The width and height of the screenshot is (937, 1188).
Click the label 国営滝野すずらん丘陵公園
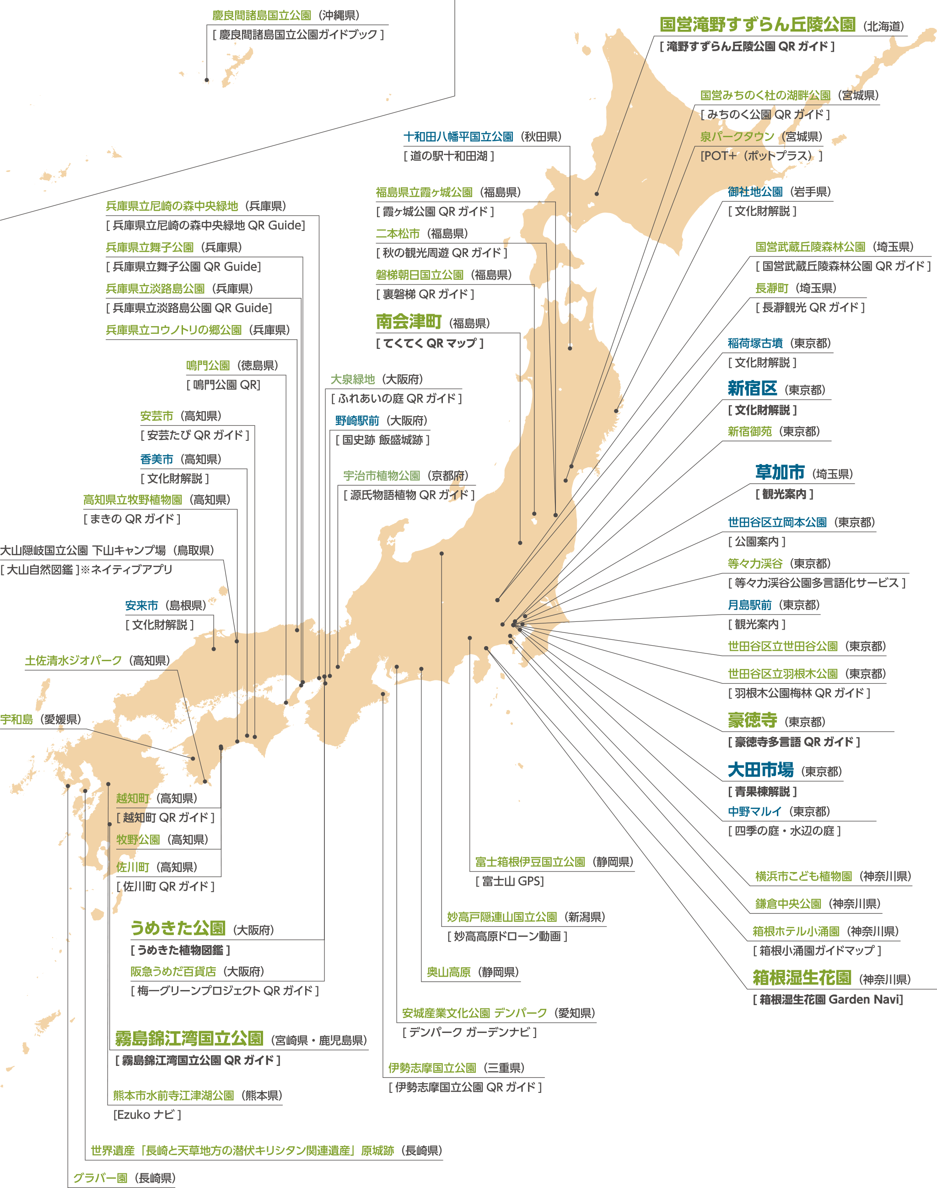(757, 25)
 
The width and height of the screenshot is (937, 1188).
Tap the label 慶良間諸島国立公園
(262, 16)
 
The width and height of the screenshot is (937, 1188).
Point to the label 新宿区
(752, 389)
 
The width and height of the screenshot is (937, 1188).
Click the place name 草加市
(780, 472)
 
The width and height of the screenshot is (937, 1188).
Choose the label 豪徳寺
(752, 720)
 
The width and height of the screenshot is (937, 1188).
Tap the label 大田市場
(760, 770)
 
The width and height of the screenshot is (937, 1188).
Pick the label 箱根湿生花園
(802, 978)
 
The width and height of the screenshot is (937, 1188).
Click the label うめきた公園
(178, 928)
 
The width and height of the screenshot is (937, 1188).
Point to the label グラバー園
(100, 1178)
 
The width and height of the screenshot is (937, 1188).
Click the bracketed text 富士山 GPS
(510, 881)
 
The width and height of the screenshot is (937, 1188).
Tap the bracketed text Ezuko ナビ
(147, 1114)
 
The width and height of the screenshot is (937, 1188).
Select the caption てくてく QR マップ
(430, 344)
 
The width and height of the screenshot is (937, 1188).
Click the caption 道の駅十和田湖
(449, 156)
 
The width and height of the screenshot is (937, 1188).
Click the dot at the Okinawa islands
(207, 80)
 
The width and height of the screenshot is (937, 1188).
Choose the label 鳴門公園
(208, 365)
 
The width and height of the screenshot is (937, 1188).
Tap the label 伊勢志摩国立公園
(432, 1068)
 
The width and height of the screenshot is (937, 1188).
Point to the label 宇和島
(17, 719)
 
